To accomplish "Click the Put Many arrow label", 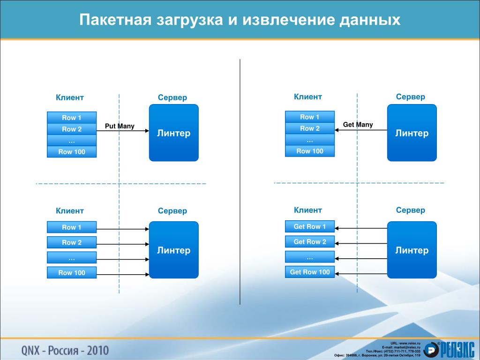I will point(120,126).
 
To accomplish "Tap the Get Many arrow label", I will point(358,125).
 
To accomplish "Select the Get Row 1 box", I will point(310,227).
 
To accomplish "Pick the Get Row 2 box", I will point(310,242).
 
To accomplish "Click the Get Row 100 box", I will point(310,272).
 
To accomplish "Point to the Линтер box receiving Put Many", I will point(173,133).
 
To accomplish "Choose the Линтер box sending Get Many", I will point(412,133).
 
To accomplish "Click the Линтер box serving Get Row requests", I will point(412,250).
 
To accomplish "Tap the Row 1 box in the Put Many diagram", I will point(72,118).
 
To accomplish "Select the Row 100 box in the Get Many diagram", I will point(310,151).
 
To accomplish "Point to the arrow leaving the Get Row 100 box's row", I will point(361,273).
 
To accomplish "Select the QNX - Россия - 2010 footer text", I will point(65,350).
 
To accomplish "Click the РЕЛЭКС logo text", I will point(457,350).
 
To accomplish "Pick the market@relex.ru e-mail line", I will point(401,347).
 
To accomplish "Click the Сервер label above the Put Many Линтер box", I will point(172,97).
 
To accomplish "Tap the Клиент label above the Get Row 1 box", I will point(308,210).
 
